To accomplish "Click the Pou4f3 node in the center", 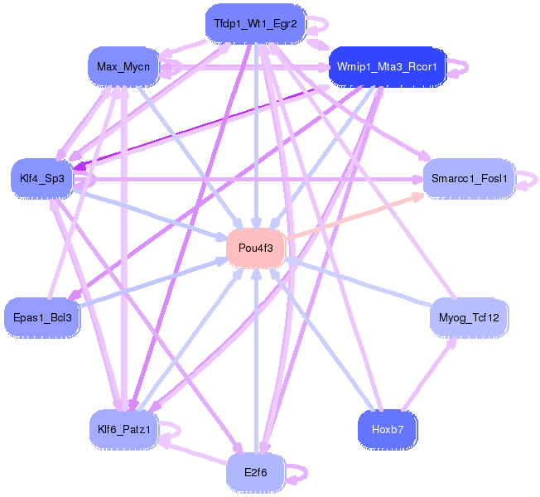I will [256, 248].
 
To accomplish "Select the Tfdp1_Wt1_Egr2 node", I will [255, 22].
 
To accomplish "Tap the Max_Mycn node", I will [123, 66].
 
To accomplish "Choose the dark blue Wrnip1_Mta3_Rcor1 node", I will [388, 66].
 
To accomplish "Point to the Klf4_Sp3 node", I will [41, 178].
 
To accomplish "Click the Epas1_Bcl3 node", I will [42, 316].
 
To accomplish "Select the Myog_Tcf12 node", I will [469, 316].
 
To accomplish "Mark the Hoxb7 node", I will [388, 428].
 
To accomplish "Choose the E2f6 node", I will [255, 473].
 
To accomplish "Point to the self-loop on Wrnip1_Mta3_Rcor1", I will [465, 66].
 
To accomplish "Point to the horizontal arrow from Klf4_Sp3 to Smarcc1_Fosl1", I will [248, 178].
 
